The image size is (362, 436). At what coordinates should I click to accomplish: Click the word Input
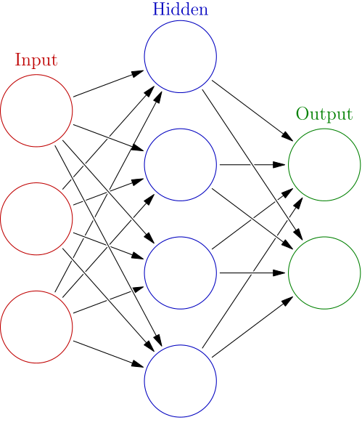coord(36,60)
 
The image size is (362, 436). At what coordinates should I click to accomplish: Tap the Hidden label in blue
coord(180,9)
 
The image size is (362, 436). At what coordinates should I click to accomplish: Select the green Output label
coord(324,114)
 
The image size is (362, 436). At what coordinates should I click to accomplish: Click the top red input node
coord(37,110)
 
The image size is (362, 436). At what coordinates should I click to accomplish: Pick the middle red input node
coord(37,218)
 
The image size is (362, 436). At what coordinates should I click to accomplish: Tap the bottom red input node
coord(37,326)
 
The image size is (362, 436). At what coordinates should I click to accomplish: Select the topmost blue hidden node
coord(181,57)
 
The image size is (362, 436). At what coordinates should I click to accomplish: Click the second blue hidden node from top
coord(181,164)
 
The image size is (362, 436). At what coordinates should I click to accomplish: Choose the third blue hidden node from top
coord(181,272)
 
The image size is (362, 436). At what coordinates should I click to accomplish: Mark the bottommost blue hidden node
coord(181,381)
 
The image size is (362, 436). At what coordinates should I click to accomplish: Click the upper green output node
coord(324,164)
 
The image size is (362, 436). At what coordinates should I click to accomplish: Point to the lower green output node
coord(324,272)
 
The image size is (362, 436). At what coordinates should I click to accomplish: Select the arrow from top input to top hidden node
coord(109,84)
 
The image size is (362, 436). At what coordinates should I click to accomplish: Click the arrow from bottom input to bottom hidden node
coord(109,353)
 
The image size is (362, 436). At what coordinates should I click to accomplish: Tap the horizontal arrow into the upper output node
coord(252,164)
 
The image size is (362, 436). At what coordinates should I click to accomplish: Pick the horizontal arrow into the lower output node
coord(252,272)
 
